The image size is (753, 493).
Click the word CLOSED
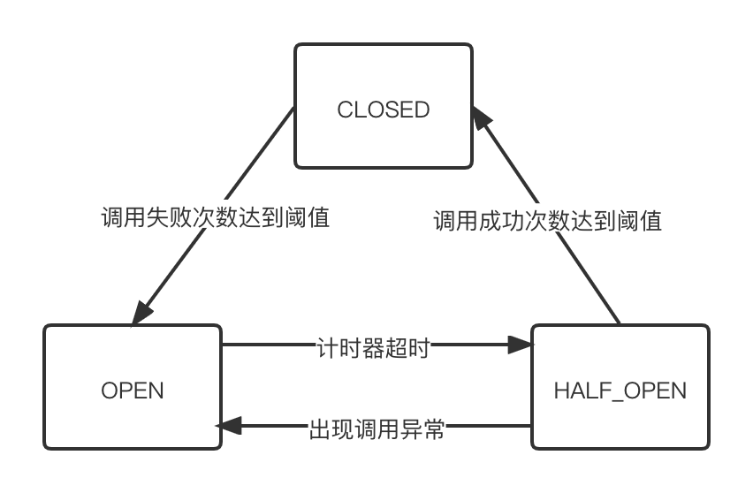click(384, 110)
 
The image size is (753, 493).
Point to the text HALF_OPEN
click(620, 391)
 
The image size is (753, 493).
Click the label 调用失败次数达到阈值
click(216, 217)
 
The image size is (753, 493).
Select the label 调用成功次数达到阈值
click(548, 219)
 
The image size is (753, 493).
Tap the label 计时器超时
click(372, 348)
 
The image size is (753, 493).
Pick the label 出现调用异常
click(376, 430)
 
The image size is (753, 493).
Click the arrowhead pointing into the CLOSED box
click(482, 118)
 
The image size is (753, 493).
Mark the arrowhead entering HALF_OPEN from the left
click(521, 345)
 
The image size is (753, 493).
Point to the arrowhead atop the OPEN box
click(141, 314)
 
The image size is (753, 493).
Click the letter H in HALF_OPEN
click(561, 391)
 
